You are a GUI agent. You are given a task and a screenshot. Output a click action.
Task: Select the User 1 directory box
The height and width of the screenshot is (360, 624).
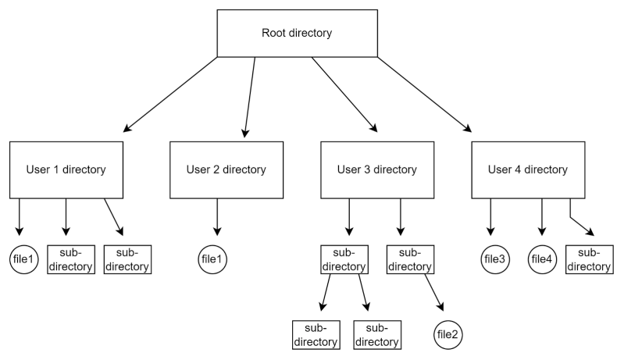click(66, 169)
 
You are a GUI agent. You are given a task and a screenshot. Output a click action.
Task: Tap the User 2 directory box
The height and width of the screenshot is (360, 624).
click(226, 169)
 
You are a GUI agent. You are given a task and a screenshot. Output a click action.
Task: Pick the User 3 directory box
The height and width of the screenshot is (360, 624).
click(376, 169)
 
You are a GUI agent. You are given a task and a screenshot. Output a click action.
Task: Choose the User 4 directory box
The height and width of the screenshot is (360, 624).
click(527, 169)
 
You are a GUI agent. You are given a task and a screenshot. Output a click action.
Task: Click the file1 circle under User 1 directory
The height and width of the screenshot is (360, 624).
click(23, 259)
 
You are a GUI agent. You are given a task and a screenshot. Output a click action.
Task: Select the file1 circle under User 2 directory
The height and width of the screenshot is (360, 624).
click(212, 259)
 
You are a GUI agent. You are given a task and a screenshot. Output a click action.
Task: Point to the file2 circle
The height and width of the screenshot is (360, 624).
click(447, 334)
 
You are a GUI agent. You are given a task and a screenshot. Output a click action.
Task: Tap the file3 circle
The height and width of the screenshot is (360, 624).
click(494, 259)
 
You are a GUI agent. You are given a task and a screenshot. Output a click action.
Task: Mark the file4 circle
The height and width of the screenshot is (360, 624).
click(542, 259)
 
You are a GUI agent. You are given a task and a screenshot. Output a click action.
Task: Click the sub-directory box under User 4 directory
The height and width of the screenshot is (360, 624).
click(588, 260)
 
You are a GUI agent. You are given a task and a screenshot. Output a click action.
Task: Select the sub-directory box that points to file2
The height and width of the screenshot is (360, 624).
click(409, 260)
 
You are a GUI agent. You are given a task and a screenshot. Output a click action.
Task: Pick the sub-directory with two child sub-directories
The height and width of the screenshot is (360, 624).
click(344, 260)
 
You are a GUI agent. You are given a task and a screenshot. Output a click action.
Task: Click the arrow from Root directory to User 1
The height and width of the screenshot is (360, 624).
click(171, 94)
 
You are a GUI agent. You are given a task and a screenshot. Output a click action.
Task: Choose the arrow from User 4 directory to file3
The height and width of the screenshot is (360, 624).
click(490, 219)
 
